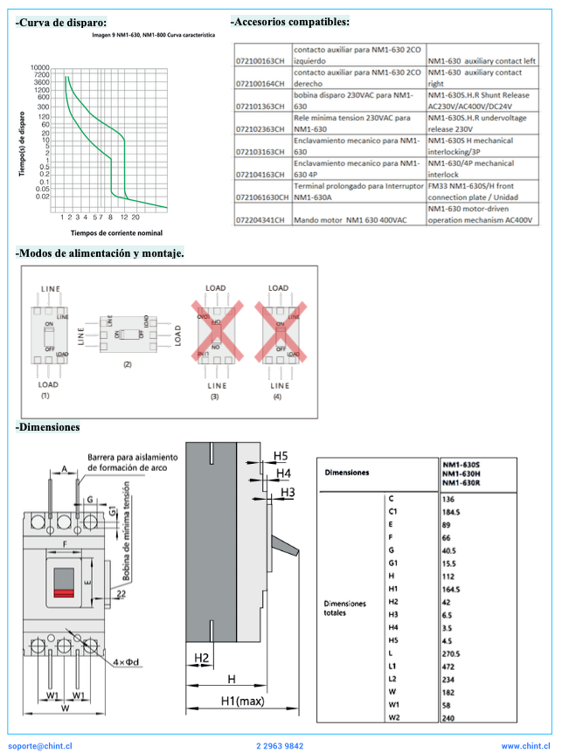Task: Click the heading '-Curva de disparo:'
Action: tap(61, 22)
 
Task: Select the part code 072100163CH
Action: tap(261, 61)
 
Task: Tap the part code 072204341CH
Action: tap(261, 220)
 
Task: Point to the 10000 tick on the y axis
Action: tap(40, 68)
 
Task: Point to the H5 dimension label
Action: tap(280, 456)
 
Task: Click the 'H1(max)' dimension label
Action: tap(242, 701)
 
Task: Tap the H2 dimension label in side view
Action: tap(202, 658)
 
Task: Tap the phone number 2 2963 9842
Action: tap(281, 746)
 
